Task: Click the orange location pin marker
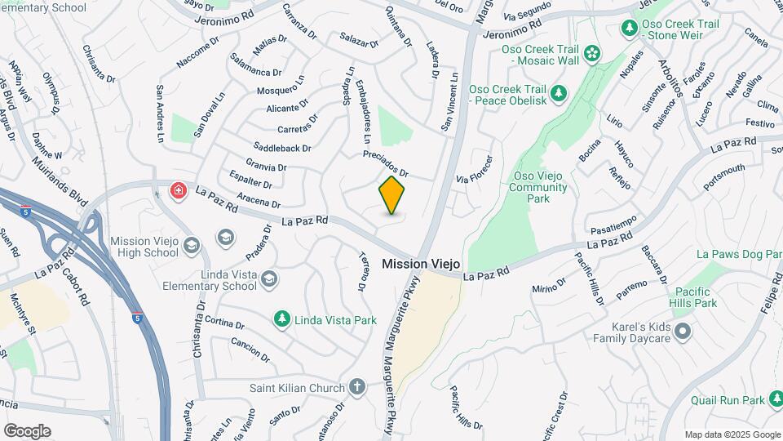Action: point(392,195)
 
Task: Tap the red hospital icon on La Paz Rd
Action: point(177,191)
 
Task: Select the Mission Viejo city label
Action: point(421,265)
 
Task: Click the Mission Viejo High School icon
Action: point(192,246)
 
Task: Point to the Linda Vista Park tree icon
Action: point(281,319)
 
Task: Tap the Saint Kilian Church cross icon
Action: point(357,385)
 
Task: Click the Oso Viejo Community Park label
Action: point(537,187)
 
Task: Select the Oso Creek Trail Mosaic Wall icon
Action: point(591,55)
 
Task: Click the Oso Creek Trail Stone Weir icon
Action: point(630,29)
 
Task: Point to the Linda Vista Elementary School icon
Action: point(269,280)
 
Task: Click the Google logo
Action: point(27,430)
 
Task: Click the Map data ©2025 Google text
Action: point(731,434)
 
